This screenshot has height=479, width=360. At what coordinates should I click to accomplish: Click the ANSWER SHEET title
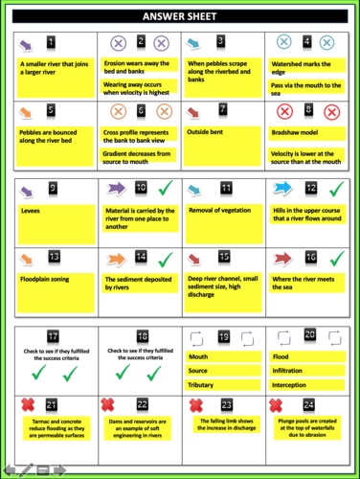pos(181,16)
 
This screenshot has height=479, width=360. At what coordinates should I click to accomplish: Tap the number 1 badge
pos(51,42)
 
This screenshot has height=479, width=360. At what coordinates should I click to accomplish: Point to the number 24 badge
pos(308,403)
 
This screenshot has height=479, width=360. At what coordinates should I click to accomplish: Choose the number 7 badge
pos(222,109)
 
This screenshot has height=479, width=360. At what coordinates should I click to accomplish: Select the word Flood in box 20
pos(284,353)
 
